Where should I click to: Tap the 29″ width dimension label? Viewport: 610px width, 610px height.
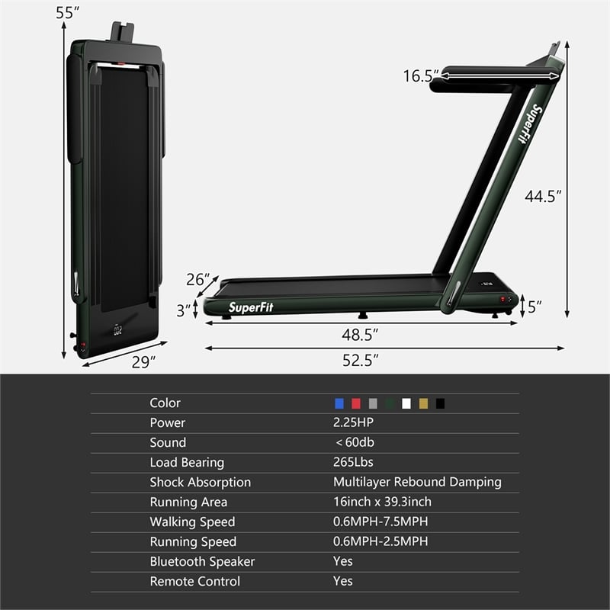[143, 362]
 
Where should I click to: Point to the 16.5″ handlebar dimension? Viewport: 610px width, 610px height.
[421, 75]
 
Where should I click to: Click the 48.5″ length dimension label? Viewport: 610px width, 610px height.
[359, 334]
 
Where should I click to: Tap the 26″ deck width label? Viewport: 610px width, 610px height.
[197, 280]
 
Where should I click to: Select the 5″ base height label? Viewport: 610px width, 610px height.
[535, 307]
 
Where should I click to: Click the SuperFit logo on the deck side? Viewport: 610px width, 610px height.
[251, 307]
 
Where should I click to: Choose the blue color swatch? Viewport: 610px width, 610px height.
[339, 403]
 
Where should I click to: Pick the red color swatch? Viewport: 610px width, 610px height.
[356, 403]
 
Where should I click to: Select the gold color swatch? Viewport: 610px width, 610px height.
[423, 403]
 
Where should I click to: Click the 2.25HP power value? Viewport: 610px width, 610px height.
[354, 422]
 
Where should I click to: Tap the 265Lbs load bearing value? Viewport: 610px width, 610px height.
[353, 462]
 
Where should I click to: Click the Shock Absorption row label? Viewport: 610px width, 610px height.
[200, 482]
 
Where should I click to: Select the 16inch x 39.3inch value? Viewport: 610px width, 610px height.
[382, 502]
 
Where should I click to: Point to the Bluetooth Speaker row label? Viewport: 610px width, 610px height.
[202, 561]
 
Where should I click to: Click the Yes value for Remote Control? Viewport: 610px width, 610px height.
[343, 581]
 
